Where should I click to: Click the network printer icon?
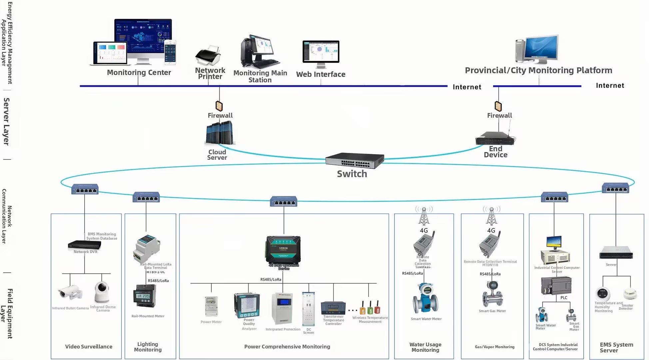(208, 56)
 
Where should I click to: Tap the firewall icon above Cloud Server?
(219, 106)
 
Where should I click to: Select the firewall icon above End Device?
(498, 106)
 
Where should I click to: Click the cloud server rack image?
(220, 133)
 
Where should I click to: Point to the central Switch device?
(354, 161)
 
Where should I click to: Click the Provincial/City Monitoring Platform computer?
(537, 49)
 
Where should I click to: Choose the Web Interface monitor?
(321, 53)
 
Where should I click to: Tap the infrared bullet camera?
(70, 292)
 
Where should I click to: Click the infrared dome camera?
(102, 292)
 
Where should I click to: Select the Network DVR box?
(84, 245)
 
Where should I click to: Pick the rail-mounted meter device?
(145, 296)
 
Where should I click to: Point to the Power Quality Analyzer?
(247, 305)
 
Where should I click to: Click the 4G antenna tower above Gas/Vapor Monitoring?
(491, 216)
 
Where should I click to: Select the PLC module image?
(556, 286)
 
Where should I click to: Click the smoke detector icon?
(630, 294)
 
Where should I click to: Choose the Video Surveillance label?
(89, 347)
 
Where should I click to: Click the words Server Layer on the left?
(6, 121)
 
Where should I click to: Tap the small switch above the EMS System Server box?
(615, 188)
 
